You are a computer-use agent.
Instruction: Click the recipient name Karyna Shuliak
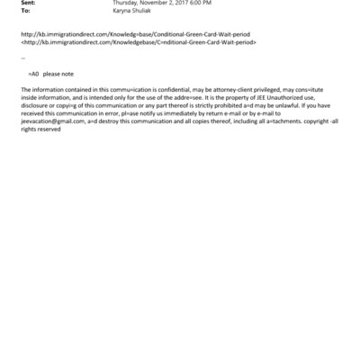(x=134, y=12)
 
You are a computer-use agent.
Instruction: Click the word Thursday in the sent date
(x=127, y=4)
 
